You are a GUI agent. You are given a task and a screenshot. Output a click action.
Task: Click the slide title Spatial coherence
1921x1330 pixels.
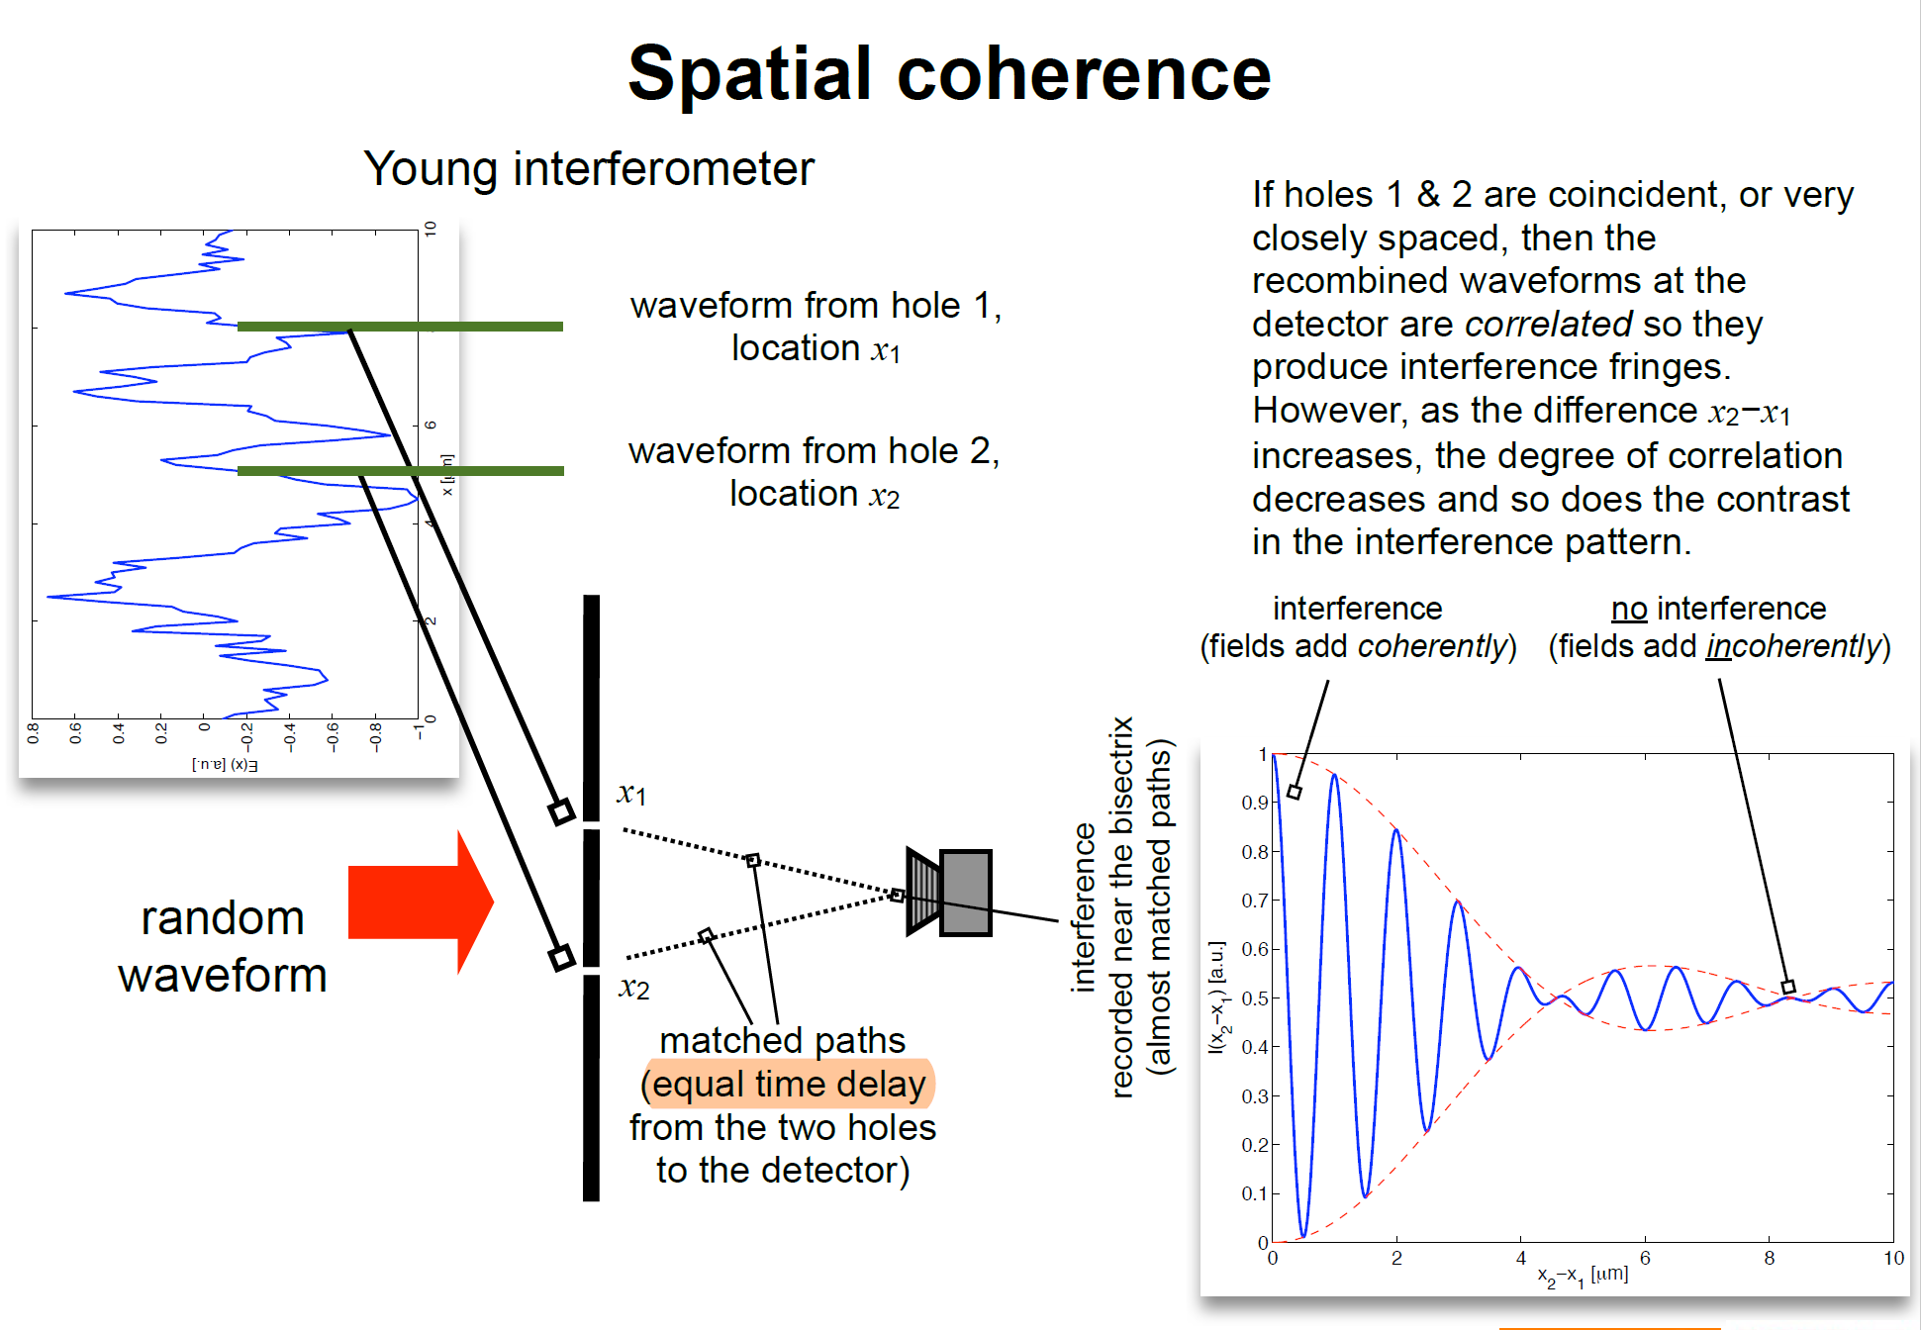click(x=948, y=74)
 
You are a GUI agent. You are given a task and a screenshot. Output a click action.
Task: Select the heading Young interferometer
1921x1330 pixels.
click(x=589, y=168)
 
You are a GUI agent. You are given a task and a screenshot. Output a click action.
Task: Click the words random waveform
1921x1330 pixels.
click(x=223, y=946)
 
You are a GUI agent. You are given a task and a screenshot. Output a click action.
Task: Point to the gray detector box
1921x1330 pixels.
click(x=965, y=893)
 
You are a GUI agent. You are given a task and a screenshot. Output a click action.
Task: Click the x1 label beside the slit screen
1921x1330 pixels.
click(x=631, y=793)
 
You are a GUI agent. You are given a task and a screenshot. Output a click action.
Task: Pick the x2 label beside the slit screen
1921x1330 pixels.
click(x=633, y=987)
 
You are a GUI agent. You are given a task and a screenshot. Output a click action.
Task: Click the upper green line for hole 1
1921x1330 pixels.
click(x=400, y=326)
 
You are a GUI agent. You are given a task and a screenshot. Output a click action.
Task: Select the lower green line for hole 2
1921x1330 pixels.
click(x=400, y=471)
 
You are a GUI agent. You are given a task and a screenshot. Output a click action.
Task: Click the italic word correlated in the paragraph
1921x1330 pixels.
click(x=1548, y=324)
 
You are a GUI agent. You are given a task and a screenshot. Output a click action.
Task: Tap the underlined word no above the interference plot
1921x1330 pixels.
click(x=1628, y=608)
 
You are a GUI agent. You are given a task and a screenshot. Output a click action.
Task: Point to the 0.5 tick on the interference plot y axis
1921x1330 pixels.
click(x=1255, y=998)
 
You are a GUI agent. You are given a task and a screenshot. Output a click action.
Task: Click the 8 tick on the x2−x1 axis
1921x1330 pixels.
click(x=1769, y=1259)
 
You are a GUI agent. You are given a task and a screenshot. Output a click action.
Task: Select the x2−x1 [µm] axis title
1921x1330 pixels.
click(x=1583, y=1276)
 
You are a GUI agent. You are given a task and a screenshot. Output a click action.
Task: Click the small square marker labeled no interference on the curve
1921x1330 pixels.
click(x=1787, y=987)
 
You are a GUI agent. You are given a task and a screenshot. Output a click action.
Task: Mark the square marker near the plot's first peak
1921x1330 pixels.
click(x=1294, y=792)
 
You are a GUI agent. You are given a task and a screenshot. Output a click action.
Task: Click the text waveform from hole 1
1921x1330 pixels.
click(x=816, y=305)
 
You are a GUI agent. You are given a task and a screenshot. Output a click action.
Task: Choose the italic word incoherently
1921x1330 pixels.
click(x=1792, y=646)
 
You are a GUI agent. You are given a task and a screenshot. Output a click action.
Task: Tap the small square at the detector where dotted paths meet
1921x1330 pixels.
click(x=897, y=895)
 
